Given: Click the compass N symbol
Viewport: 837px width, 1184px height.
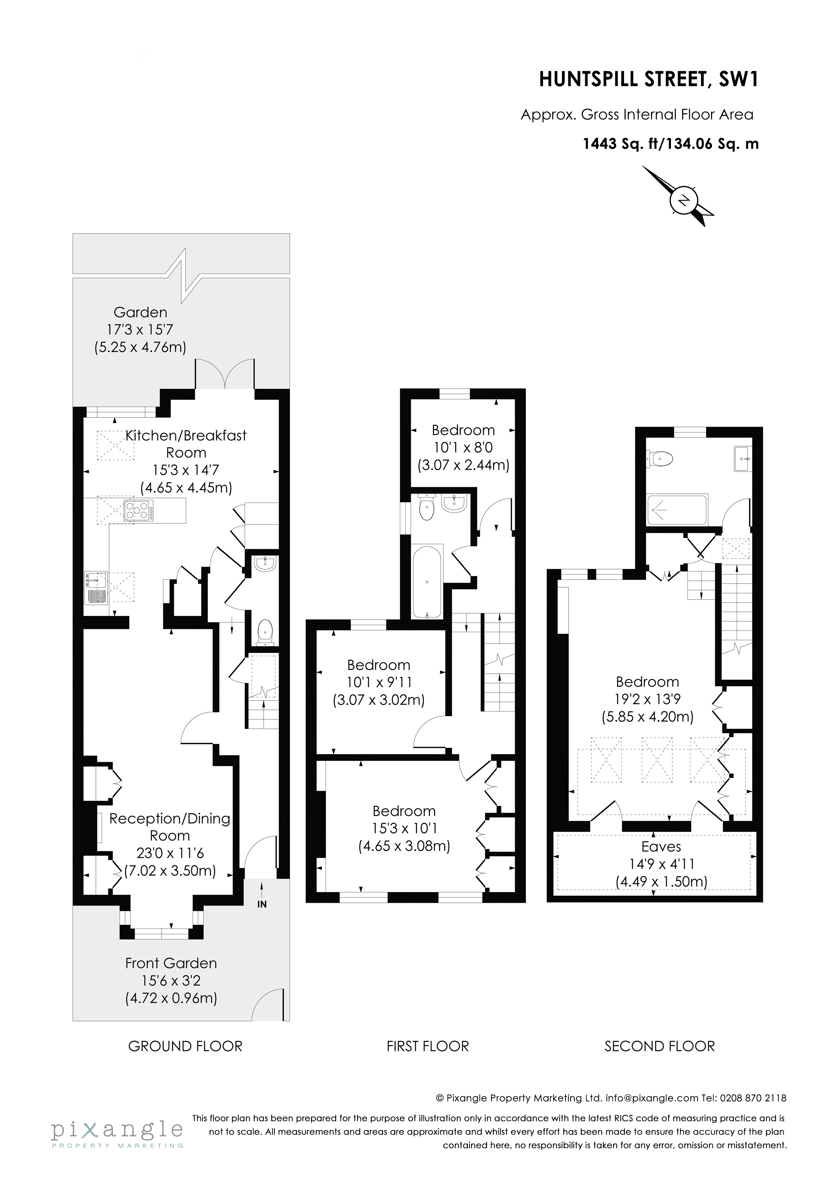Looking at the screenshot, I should click(684, 200).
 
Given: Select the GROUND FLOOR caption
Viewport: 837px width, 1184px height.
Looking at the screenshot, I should click(185, 1046).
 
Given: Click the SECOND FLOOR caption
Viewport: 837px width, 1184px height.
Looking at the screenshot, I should click(659, 1046).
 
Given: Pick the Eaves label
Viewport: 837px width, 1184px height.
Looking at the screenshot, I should click(661, 846).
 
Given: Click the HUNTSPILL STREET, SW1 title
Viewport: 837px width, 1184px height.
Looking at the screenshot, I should click(649, 79).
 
